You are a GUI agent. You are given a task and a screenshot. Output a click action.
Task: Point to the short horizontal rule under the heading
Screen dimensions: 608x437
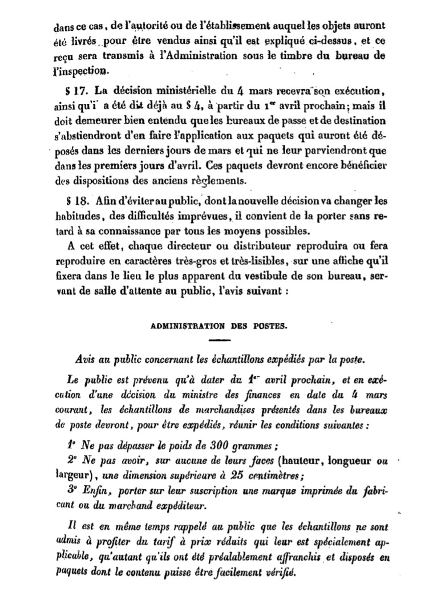click(218, 341)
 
